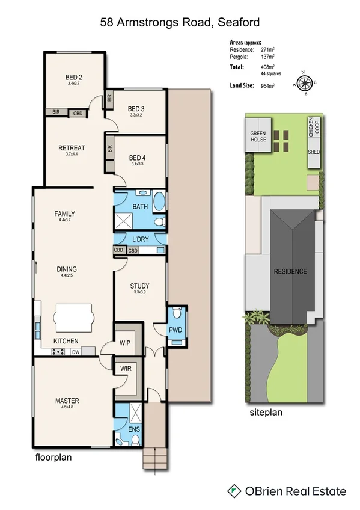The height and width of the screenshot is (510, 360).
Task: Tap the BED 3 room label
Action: point(136,109)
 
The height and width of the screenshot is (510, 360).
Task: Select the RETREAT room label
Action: point(72,148)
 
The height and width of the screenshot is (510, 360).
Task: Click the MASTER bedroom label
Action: point(67,401)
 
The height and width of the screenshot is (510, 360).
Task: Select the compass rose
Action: point(305,82)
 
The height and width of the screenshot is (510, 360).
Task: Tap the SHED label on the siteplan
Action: point(314,152)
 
